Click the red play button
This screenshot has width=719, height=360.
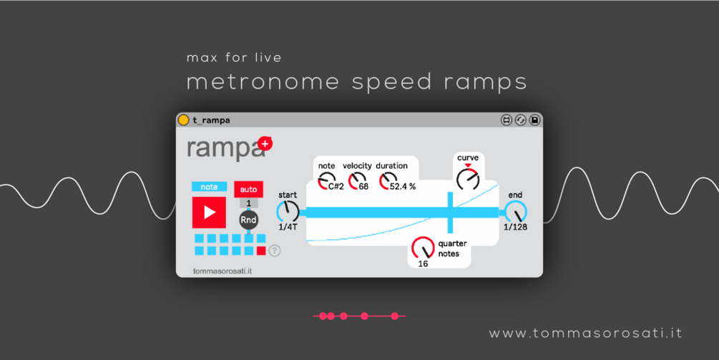(x=209, y=213)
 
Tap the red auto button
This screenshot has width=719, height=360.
(x=248, y=189)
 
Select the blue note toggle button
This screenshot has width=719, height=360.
(x=209, y=187)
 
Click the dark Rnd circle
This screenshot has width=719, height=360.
(x=248, y=220)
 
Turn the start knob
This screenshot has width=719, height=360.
(x=288, y=211)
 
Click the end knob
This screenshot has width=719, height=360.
(x=515, y=212)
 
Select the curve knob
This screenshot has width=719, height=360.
(x=468, y=179)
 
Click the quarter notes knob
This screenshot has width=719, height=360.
(x=423, y=248)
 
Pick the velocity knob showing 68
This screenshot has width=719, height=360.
(x=357, y=181)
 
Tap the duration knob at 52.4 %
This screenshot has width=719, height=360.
(x=388, y=181)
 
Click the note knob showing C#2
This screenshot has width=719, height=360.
(x=326, y=181)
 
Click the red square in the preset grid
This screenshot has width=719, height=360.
(x=261, y=250)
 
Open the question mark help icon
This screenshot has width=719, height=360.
(x=274, y=250)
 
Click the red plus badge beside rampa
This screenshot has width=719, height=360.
(x=265, y=144)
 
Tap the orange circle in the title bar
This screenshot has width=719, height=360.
(x=183, y=120)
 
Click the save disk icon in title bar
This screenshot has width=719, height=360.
(x=534, y=120)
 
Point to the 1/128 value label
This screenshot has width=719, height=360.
(x=515, y=227)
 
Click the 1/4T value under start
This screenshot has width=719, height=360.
(x=288, y=227)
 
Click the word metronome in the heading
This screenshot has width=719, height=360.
(x=263, y=82)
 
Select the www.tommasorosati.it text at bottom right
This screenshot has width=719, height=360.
(x=585, y=334)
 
